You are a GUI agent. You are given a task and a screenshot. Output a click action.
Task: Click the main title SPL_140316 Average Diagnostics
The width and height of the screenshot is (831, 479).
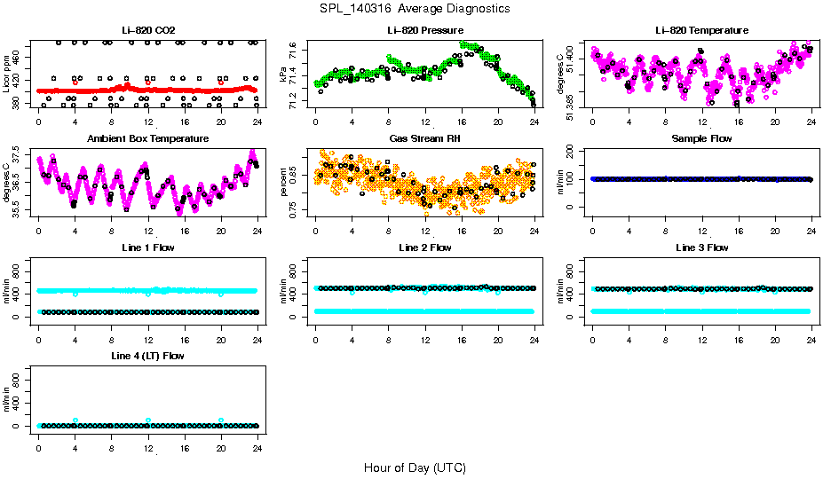click(415, 8)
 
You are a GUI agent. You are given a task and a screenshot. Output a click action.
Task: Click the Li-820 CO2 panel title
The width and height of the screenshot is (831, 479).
click(148, 30)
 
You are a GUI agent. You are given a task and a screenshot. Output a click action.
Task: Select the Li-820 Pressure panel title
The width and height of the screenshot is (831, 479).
click(425, 30)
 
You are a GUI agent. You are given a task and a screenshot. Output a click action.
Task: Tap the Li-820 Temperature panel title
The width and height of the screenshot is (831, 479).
click(701, 30)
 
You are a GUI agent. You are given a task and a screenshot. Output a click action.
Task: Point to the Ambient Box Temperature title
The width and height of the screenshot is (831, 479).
click(148, 138)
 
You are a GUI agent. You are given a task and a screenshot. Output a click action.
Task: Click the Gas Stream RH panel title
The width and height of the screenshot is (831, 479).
click(425, 138)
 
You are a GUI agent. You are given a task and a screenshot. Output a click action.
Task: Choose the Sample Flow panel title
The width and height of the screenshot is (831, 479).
click(701, 138)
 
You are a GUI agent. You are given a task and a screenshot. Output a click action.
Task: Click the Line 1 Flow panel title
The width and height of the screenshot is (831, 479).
click(148, 247)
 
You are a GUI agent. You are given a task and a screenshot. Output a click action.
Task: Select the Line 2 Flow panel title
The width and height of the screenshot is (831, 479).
click(425, 247)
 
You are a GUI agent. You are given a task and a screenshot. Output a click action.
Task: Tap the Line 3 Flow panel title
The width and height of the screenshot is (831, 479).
click(701, 247)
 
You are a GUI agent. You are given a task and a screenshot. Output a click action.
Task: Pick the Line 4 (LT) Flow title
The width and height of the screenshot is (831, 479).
click(148, 356)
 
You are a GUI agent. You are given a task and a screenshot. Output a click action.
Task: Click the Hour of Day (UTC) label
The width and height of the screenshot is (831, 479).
click(415, 467)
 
